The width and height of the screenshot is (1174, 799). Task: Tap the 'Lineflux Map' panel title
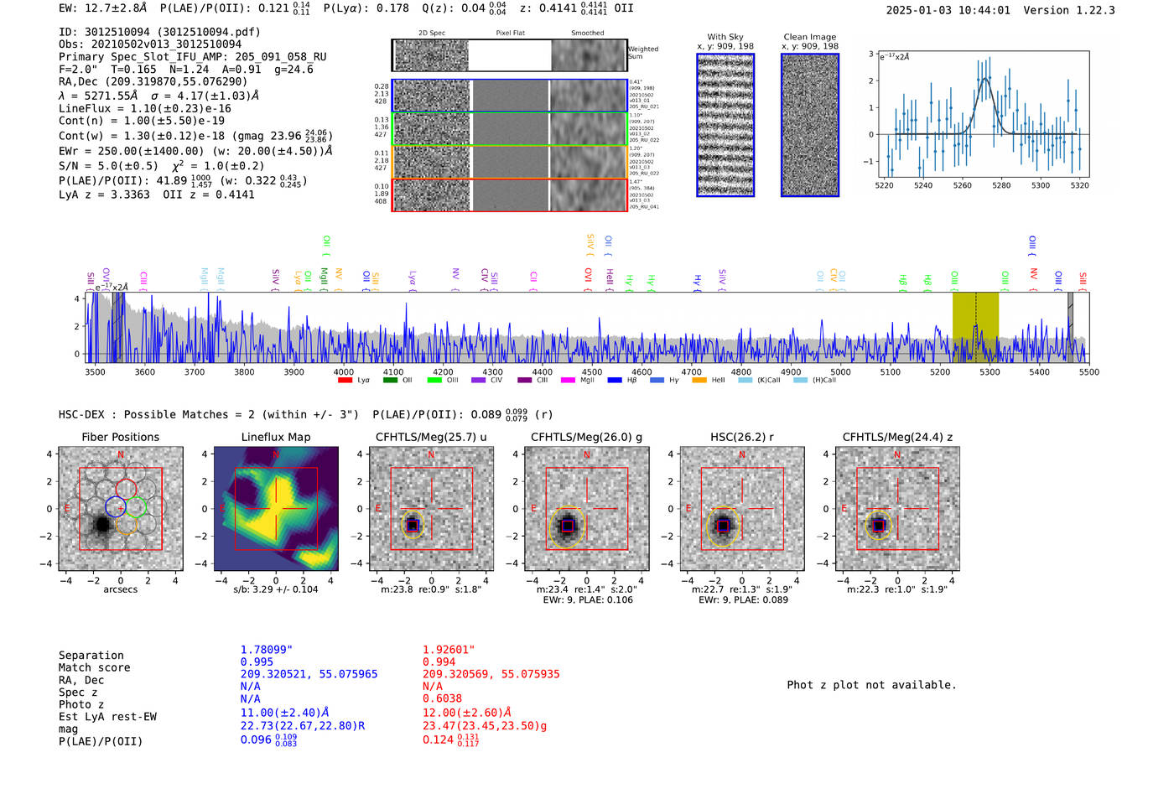coord(276,437)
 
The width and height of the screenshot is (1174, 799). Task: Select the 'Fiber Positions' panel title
coord(120,437)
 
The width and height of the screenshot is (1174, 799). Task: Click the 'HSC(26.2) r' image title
coord(741,437)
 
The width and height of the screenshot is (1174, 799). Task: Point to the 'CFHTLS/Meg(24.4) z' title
coord(897,437)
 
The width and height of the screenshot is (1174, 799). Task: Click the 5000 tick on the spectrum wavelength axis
coord(840,372)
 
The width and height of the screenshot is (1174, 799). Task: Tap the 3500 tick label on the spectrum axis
coord(95,372)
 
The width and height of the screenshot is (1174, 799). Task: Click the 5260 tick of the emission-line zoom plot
coord(962,185)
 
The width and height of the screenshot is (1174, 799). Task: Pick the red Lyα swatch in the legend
coord(345,381)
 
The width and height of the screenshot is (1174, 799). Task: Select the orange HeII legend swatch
coord(699,381)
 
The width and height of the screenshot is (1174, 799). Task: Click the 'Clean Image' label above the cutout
coord(809,37)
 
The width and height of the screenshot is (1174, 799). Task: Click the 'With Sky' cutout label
coord(725,37)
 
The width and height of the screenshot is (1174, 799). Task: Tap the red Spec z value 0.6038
coord(442,698)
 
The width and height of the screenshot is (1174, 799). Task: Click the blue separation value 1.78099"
coord(266,650)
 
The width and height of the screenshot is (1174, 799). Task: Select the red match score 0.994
coord(439,662)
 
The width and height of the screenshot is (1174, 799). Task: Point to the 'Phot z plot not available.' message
coord(871,685)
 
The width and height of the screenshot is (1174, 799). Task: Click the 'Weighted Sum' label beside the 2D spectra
coord(642,53)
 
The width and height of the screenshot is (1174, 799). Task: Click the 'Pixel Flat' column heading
coord(510,34)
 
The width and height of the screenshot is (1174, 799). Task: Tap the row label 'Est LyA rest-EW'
coord(107,717)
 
